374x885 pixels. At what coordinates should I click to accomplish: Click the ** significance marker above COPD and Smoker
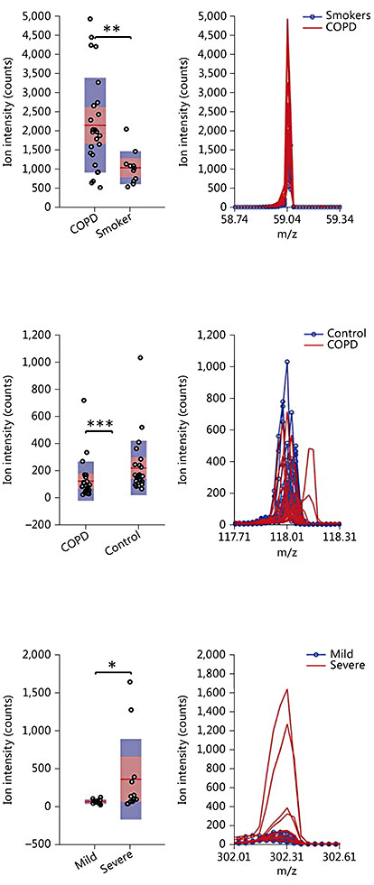(113, 30)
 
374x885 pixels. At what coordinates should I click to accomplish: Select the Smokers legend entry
(332, 16)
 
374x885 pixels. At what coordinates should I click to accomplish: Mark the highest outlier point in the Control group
(140, 357)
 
